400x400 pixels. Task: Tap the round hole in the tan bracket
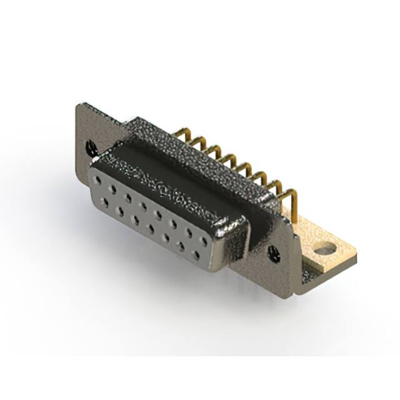pyautogui.click(x=324, y=252)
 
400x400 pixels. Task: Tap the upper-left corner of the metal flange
pyautogui.click(x=77, y=106)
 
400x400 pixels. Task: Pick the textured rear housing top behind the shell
pyautogui.click(x=200, y=150)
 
